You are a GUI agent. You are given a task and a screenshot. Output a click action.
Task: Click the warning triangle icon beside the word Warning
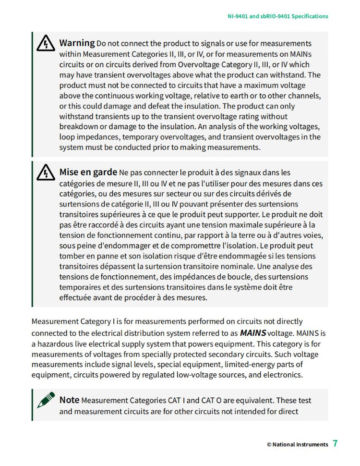(x=45, y=44)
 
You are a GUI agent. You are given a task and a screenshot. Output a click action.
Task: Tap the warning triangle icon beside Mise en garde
(x=45, y=173)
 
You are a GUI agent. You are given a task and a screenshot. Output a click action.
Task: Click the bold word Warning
(x=77, y=43)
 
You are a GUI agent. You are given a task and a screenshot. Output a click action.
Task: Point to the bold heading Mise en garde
(x=88, y=172)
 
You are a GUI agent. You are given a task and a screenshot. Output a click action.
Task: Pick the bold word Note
(x=70, y=400)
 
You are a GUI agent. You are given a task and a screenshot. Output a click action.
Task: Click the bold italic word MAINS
(x=253, y=332)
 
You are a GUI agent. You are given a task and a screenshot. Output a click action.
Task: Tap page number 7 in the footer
(x=335, y=443)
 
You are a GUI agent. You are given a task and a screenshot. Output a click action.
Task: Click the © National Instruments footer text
(x=298, y=444)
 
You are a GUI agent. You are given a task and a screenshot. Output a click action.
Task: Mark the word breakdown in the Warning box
(x=79, y=126)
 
